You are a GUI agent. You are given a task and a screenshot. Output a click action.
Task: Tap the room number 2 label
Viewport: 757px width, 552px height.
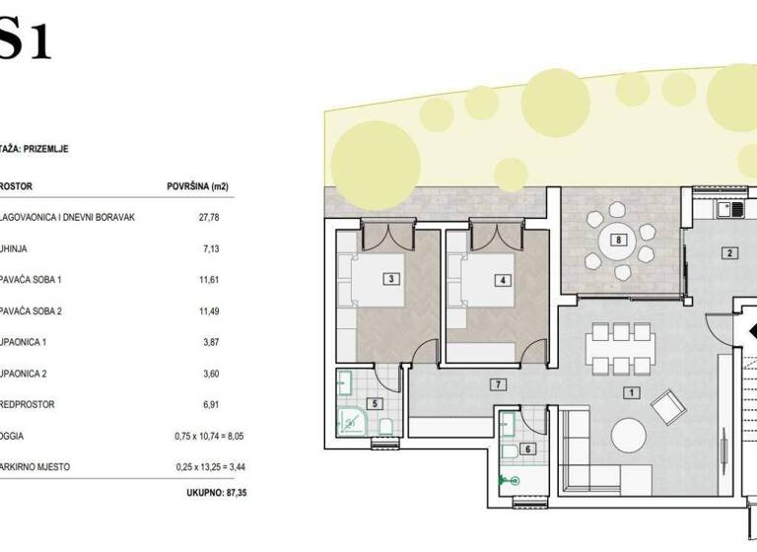tap(729, 253)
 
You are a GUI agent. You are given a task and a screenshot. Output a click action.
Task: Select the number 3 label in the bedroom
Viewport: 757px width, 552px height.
tap(392, 280)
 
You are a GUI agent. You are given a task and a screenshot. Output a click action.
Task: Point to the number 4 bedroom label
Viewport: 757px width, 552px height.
tap(503, 280)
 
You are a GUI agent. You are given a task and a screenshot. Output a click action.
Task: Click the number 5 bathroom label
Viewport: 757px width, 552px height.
tap(374, 402)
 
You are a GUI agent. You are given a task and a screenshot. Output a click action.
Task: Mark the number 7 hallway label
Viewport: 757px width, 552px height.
tap(500, 383)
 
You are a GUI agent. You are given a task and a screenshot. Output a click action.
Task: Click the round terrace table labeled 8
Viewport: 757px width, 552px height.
tap(619, 240)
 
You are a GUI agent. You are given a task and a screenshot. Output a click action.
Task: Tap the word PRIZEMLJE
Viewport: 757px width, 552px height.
tap(43, 149)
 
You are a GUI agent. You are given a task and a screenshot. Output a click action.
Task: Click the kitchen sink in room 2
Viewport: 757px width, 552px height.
tap(730, 209)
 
